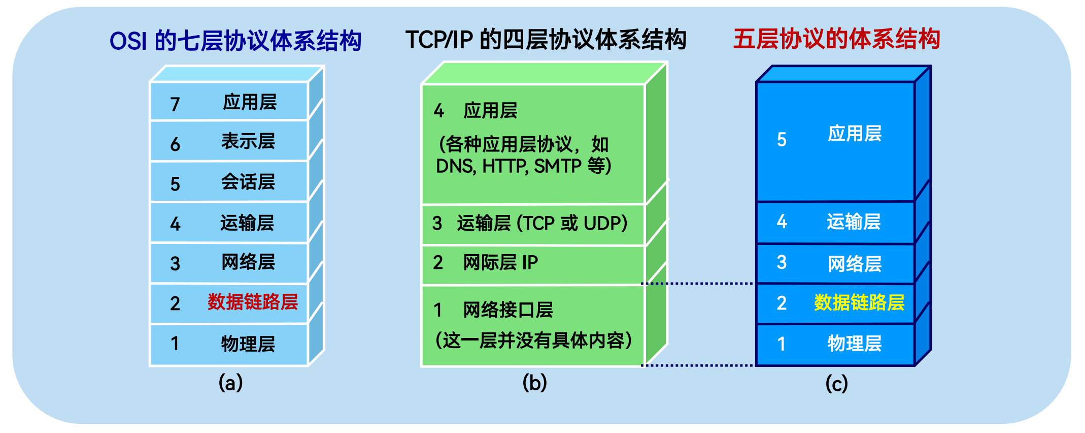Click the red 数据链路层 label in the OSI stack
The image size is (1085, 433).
[252, 302]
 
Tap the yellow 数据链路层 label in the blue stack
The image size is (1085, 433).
[859, 302]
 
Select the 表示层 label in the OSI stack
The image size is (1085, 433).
[248, 141]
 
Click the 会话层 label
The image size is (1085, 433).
[248, 182]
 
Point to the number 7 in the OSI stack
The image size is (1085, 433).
[175, 104]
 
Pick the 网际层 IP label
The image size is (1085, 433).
[500, 262]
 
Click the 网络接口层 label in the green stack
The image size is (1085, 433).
[507, 310]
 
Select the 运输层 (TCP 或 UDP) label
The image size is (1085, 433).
[541, 223]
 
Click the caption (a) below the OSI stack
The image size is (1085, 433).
[230, 382]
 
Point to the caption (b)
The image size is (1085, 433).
[534, 382]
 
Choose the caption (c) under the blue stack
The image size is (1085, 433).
[836, 383]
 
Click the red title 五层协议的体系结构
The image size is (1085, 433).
[836, 39]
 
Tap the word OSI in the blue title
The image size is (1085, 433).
[128, 41]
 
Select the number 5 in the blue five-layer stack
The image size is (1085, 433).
[782, 140]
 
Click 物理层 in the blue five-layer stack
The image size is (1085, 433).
[855, 344]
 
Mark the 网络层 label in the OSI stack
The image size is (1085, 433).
[248, 262]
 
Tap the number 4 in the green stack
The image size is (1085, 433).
[438, 110]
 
